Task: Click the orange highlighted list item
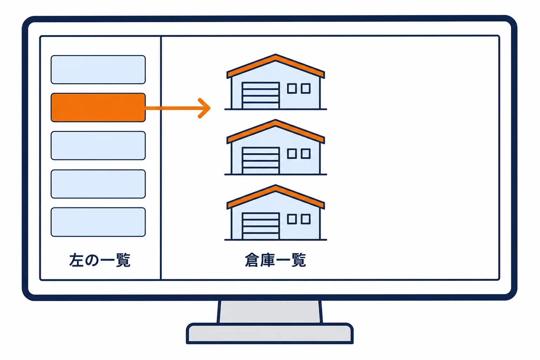pos(98,107)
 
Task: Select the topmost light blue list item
pos(98,70)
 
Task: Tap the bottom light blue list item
pos(98,222)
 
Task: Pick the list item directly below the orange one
pos(98,146)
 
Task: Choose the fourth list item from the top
pos(98,184)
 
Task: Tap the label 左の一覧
pos(100,260)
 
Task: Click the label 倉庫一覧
pos(276,260)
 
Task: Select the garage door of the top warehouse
pos(261,96)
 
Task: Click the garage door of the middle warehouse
pos(261,161)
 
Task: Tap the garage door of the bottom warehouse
pos(261,226)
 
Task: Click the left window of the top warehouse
pos(292,89)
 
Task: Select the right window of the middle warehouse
pos(306,154)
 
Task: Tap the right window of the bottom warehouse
pos(306,219)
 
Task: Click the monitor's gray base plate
pos(270,334)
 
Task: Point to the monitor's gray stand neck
pos(270,312)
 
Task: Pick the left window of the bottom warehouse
pos(292,219)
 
